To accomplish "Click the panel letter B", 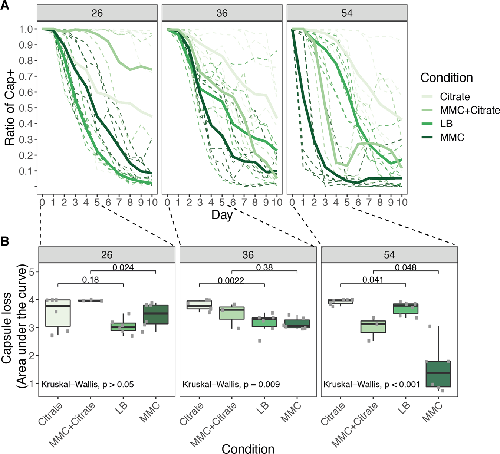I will tap(5, 241).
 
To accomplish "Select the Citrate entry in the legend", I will tap(454, 97).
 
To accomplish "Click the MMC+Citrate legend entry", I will tap(469, 110).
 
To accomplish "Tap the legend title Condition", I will tap(446, 78).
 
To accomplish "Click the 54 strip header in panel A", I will tap(347, 13).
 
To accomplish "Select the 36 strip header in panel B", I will tap(248, 255).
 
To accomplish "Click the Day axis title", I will tap(222, 215).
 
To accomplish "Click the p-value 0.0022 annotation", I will tap(231, 281).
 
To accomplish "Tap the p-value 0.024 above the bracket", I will tap(123, 267).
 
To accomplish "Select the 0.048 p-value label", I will tap(405, 267).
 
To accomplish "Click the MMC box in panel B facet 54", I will tap(438, 374).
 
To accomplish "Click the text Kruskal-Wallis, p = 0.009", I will tap(231, 385).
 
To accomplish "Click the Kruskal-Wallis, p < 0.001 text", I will tap(371, 385).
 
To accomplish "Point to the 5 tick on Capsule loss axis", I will tap(32, 272).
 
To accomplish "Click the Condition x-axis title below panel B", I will tap(248, 448).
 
